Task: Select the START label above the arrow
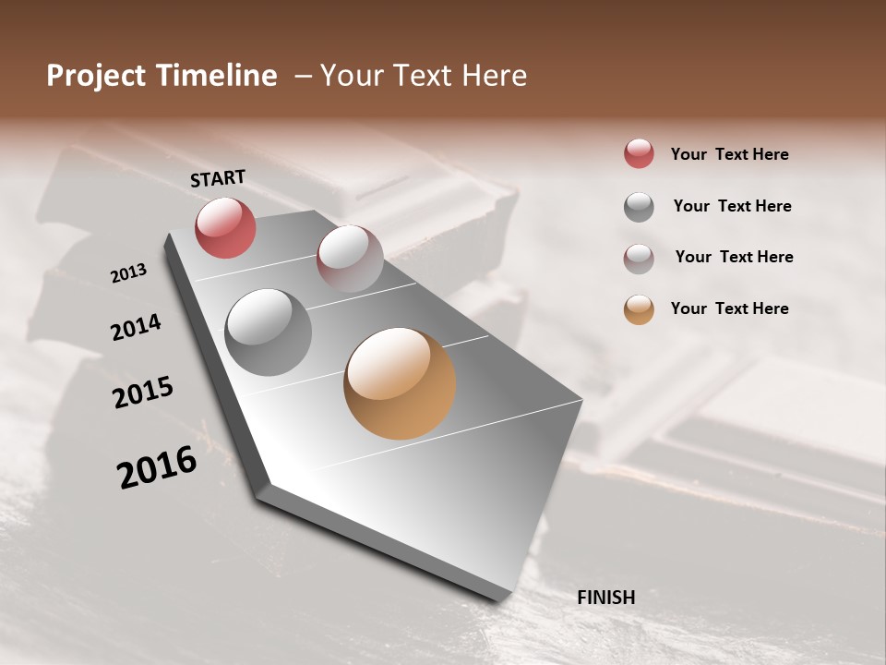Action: [218, 178]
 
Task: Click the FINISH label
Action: [606, 598]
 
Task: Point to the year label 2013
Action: [129, 273]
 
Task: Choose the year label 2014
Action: [137, 328]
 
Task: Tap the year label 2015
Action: [143, 393]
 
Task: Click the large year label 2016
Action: [157, 467]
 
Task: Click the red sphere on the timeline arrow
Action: [225, 227]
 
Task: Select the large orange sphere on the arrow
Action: [400, 383]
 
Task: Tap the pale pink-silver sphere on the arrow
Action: [350, 259]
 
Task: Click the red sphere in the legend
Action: [639, 154]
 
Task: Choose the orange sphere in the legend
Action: [639, 309]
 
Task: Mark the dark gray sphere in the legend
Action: [639, 207]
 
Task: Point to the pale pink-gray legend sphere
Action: [639, 259]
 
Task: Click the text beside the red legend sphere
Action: [729, 154]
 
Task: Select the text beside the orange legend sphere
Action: [729, 308]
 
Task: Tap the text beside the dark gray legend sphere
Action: [732, 206]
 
